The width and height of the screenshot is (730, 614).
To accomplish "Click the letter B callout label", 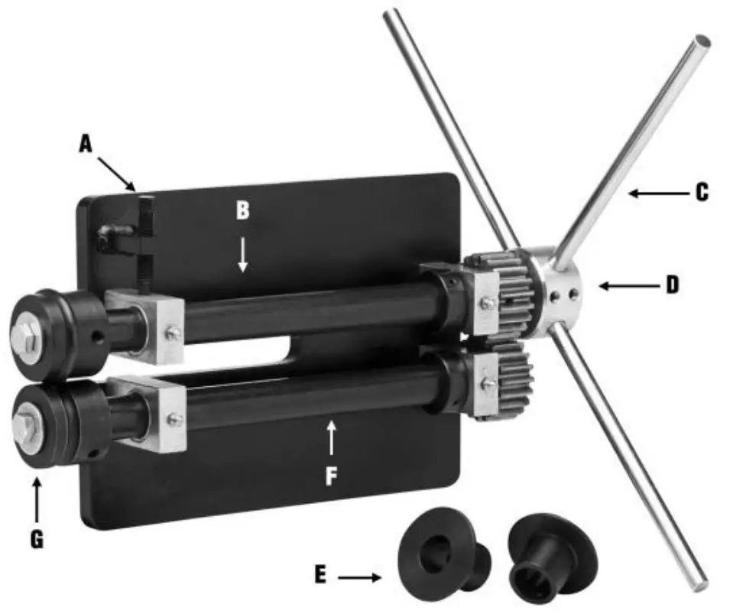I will pyautogui.click(x=242, y=210).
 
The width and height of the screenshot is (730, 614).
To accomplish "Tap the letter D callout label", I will pyautogui.click(x=672, y=286).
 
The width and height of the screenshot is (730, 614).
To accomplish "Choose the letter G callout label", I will pyautogui.click(x=36, y=539).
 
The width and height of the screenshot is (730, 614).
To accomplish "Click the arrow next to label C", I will pyautogui.click(x=657, y=194).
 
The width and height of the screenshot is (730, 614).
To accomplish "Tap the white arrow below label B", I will pyautogui.click(x=242, y=254).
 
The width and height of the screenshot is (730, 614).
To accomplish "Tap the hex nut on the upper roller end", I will pyautogui.click(x=25, y=333).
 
